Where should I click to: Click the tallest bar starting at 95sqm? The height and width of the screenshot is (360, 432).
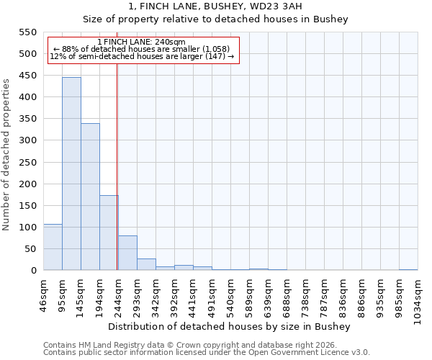71,174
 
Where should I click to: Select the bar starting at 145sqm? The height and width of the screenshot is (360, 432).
90,197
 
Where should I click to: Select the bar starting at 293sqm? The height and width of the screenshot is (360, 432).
146,264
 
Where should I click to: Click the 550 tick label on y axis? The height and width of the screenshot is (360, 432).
27,32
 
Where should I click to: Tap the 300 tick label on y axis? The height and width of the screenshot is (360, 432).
27,140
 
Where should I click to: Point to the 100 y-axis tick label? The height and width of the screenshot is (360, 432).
27,228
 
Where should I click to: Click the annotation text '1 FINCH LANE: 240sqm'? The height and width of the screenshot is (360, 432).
141,42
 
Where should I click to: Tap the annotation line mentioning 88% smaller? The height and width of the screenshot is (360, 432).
141,49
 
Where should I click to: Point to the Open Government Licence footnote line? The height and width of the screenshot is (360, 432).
206,352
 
